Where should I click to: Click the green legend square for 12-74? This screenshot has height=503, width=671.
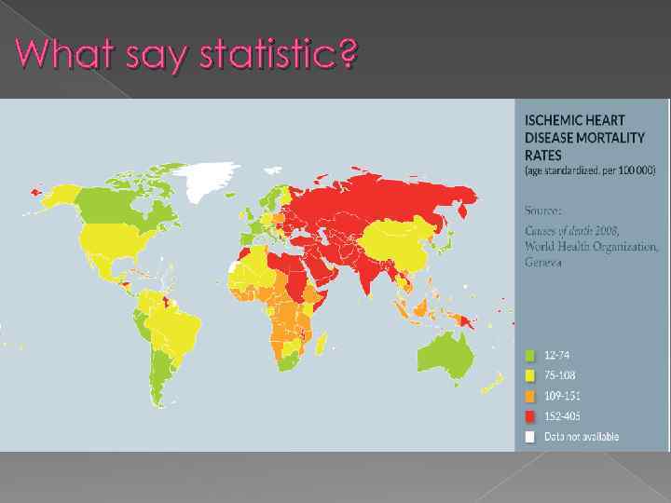tap(530, 355)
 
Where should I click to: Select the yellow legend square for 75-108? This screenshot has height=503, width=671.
tap(530, 375)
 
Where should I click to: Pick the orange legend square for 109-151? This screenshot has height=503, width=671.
tap(530, 396)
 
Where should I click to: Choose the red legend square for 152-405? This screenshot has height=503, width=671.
tap(530, 416)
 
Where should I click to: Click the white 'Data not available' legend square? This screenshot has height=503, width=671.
tap(530, 436)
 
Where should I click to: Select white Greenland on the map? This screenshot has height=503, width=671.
tap(207, 180)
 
